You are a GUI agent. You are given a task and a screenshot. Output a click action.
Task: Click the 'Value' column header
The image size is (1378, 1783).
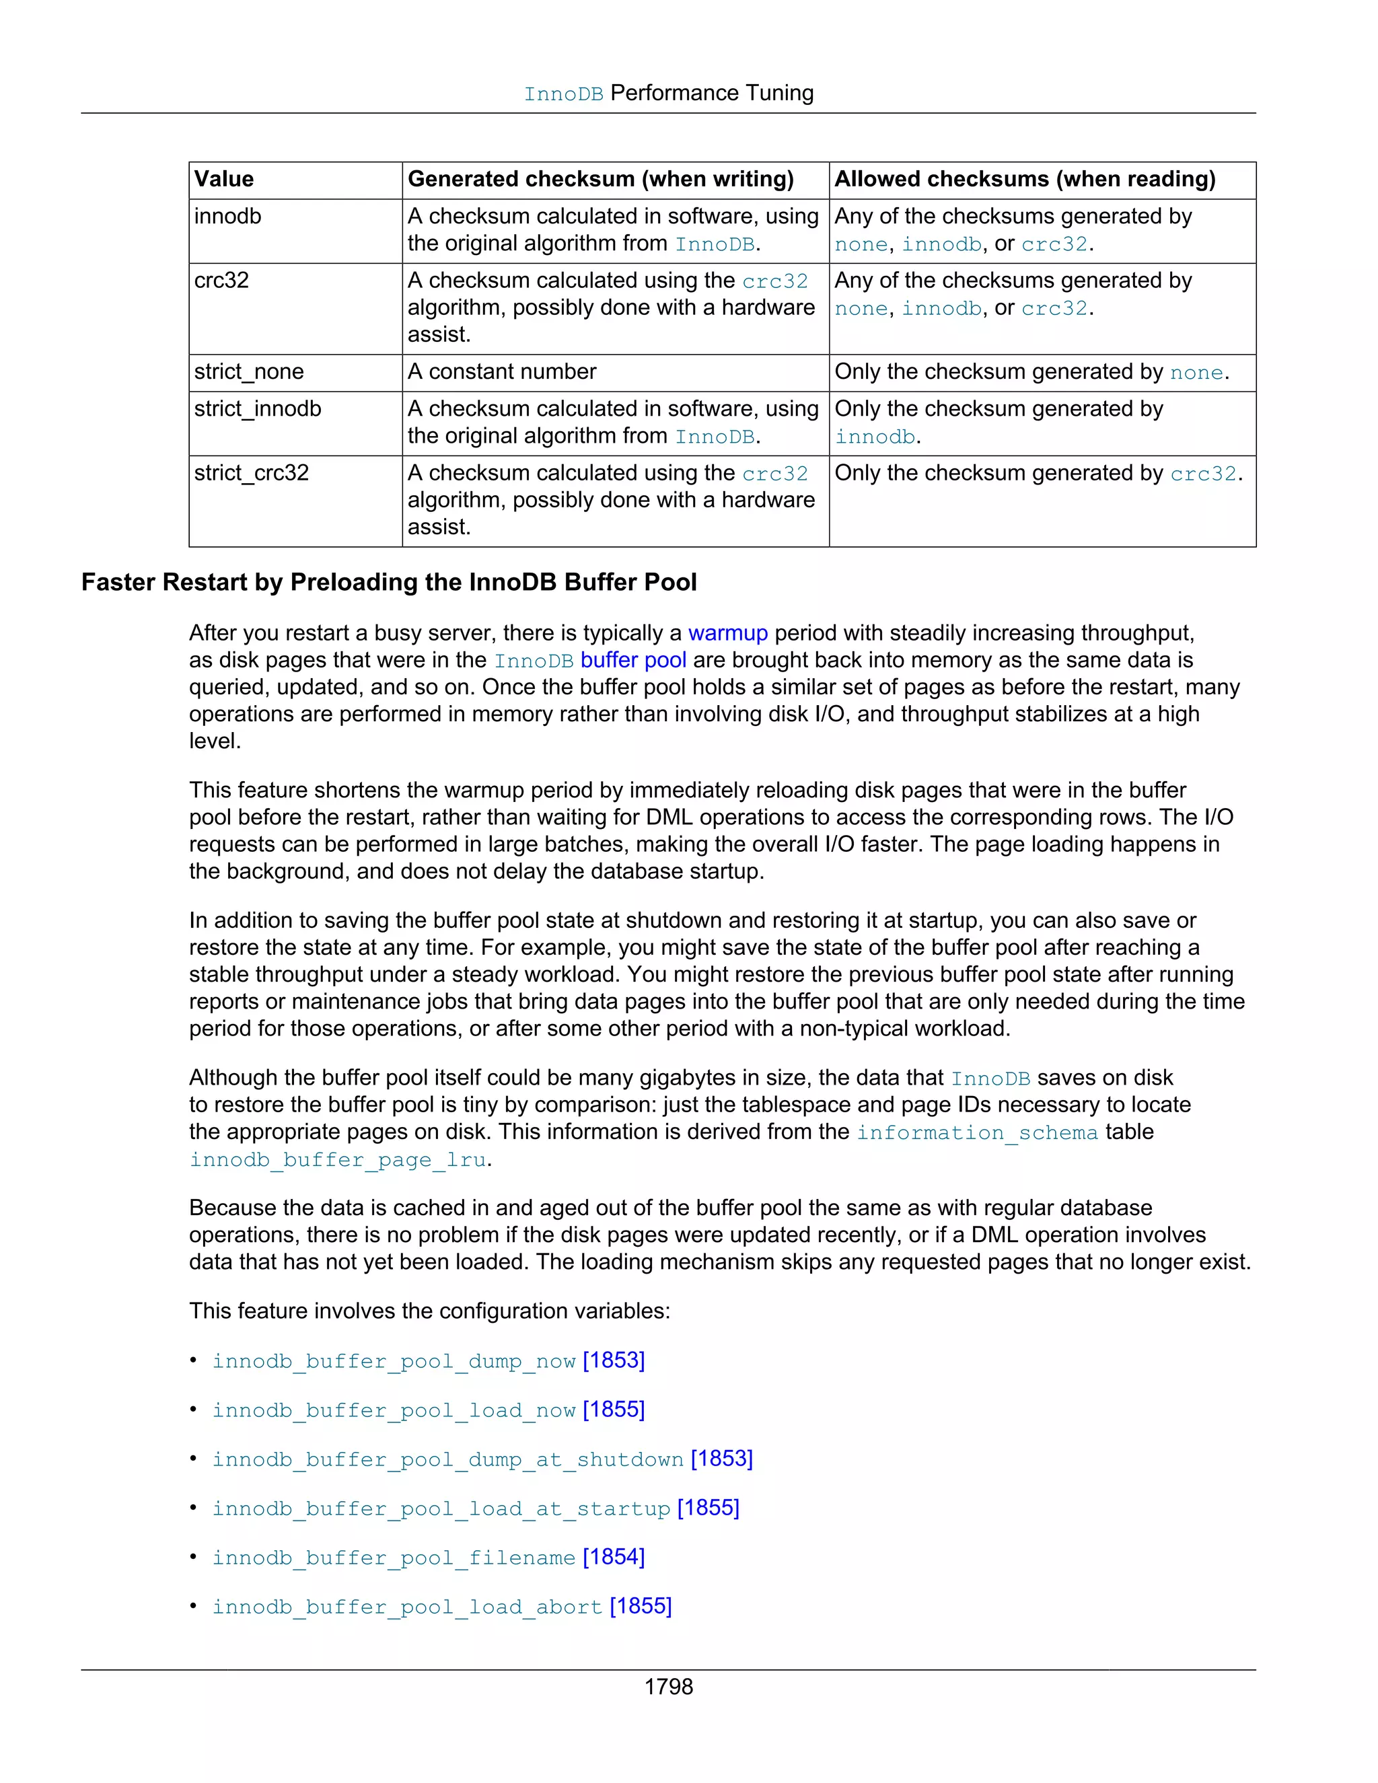coord(223,180)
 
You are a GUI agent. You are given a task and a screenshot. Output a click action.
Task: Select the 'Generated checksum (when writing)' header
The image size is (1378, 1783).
coord(600,180)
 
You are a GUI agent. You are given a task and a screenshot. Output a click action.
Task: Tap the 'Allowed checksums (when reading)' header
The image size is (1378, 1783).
coord(1025,180)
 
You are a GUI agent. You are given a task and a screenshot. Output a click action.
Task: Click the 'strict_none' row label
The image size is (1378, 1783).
coord(249,372)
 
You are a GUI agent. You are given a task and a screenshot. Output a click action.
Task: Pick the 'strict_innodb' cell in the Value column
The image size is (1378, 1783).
coord(258,409)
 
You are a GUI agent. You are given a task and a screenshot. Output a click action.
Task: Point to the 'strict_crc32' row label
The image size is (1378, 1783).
coord(252,474)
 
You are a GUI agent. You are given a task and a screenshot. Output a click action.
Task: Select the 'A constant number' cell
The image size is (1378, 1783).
coord(502,372)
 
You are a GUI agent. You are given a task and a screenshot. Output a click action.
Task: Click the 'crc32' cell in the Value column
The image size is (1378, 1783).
coord(221,281)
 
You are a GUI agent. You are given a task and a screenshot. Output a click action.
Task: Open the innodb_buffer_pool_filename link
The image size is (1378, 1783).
coord(394,1558)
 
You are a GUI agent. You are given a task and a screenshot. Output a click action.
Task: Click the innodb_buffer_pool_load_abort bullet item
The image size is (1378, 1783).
coord(407,1607)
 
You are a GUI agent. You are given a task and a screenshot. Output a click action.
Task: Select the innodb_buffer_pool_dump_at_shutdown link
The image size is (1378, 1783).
coord(448,1460)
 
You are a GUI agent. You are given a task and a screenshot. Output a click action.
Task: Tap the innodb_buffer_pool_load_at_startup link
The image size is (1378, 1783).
coord(441,1508)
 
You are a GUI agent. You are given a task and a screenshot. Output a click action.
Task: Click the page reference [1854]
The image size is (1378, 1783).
coord(614,1557)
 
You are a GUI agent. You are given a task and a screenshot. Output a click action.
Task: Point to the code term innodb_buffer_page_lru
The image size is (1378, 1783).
coord(338,1160)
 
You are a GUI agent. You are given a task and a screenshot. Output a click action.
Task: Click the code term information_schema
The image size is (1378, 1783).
coord(976,1133)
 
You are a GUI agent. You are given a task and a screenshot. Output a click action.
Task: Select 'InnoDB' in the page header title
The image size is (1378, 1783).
coord(563,95)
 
